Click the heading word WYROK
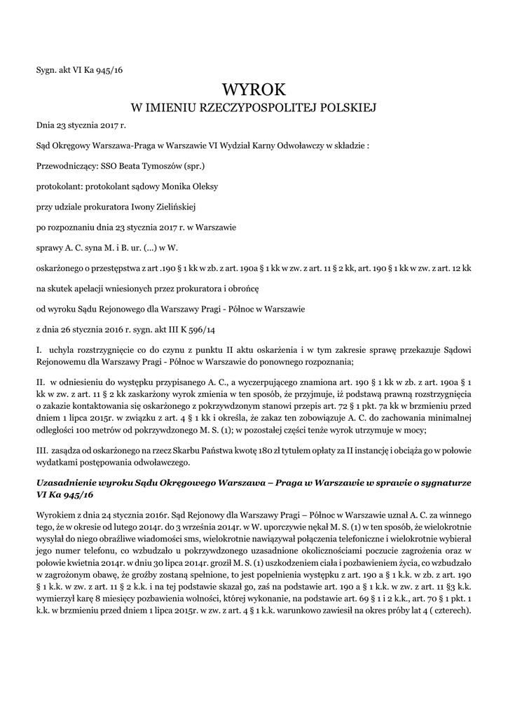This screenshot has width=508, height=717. tap(254, 89)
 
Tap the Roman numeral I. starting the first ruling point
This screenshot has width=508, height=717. tap(39, 348)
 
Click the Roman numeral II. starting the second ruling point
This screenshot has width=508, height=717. tap(41, 384)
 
